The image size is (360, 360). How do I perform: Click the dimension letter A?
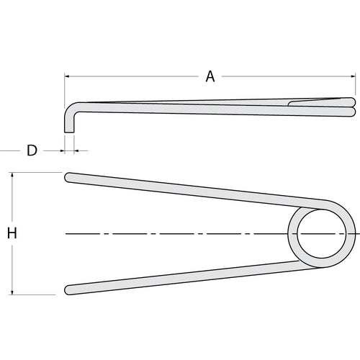210,76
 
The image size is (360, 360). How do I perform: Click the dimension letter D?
32,150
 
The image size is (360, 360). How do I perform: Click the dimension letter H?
12,233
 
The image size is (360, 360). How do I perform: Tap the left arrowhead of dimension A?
67,76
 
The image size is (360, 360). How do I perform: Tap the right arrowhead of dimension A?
353,76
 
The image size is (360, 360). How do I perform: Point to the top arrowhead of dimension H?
12,174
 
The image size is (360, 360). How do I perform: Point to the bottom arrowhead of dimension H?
12,292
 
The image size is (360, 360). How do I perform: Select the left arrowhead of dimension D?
63,150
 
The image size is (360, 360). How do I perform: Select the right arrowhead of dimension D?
76,150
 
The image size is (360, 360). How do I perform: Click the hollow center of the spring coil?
322,233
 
